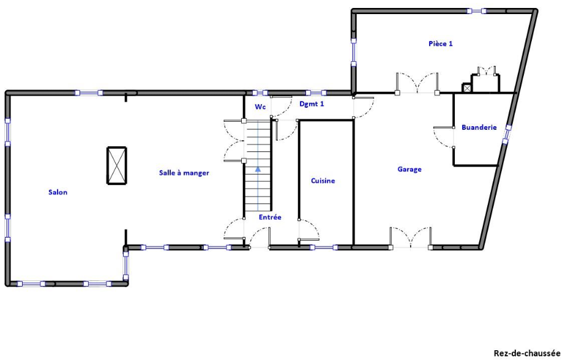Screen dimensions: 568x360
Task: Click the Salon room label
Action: coord(58,192)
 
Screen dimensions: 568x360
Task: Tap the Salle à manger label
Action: coord(184,173)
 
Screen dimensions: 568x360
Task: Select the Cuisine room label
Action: coord(323,181)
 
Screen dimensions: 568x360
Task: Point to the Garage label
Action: coord(409,169)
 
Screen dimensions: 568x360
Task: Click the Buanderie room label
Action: coord(479,127)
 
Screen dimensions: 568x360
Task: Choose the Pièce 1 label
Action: coord(441,43)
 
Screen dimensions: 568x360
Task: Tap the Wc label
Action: coord(260,107)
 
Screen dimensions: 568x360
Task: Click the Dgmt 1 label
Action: coord(312,104)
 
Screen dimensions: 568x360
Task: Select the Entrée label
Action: coord(270,217)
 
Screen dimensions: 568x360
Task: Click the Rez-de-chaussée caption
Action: coord(527,353)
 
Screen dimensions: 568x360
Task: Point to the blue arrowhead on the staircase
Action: coord(258,169)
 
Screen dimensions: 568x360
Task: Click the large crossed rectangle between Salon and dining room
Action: coord(117,165)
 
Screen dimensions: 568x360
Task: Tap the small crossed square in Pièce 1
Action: coord(466,88)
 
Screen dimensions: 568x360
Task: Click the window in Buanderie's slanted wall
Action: coord(506,134)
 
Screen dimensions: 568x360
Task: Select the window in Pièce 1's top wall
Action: coord(476,11)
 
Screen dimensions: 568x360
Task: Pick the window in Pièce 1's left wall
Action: coord(354,53)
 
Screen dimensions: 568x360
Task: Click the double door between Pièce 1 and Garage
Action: coord(417,83)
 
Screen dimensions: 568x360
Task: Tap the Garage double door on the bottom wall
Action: coord(411,238)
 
